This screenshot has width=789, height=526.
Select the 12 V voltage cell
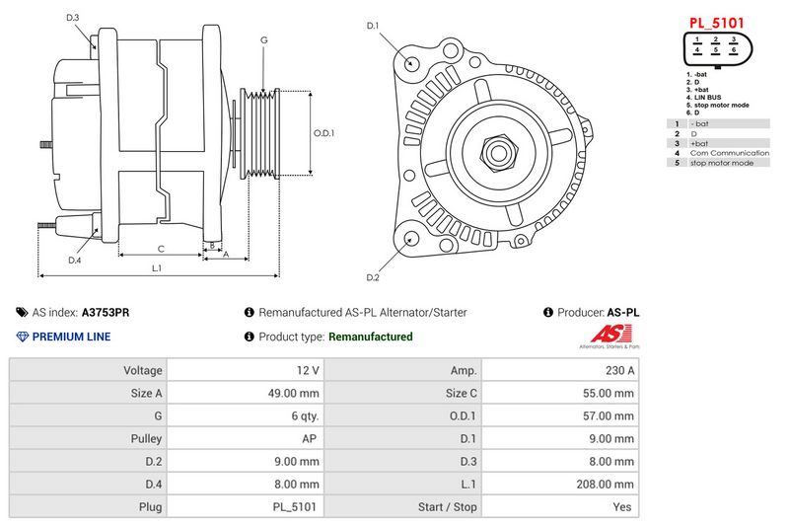tap(308, 370)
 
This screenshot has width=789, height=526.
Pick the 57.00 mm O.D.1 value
tap(611, 416)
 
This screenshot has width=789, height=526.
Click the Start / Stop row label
tap(450, 507)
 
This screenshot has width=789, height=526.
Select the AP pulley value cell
tap(309, 439)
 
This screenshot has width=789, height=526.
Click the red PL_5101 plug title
tap(716, 21)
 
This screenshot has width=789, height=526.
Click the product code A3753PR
tap(106, 312)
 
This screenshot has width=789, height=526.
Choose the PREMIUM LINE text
tap(71, 337)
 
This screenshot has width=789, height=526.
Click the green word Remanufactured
tap(370, 337)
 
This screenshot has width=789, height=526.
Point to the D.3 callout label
tap(74, 18)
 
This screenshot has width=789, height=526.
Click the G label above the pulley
tap(263, 39)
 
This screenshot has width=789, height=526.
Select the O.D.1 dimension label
tap(324, 133)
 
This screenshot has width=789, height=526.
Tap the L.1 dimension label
tap(157, 268)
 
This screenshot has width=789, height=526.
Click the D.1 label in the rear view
tap(373, 26)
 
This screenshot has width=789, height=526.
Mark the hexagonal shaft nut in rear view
tap(499, 152)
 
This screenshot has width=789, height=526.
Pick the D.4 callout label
tap(74, 261)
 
